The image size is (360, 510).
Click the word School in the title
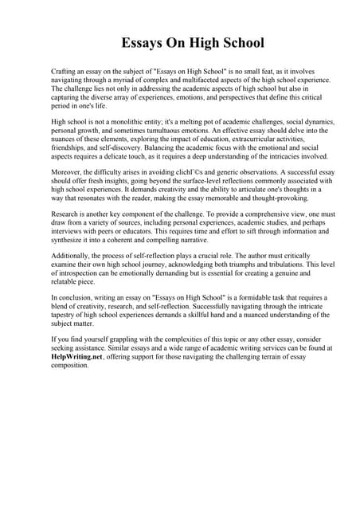click(x=235, y=42)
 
